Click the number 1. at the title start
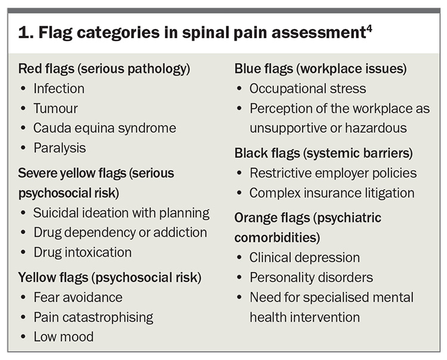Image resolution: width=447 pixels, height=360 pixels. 26,33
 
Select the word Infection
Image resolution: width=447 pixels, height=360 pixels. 59,89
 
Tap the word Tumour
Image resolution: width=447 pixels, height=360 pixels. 55,108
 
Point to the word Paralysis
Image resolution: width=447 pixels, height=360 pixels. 60,148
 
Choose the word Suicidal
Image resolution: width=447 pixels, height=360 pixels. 55,213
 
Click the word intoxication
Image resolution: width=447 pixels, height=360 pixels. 98,252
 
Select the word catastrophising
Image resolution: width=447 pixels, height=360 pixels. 108,318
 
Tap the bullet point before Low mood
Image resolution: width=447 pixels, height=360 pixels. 23,337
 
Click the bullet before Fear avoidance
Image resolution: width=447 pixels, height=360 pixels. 23,297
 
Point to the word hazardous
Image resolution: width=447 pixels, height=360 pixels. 375,128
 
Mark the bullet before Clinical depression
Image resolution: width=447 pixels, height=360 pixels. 240,257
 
